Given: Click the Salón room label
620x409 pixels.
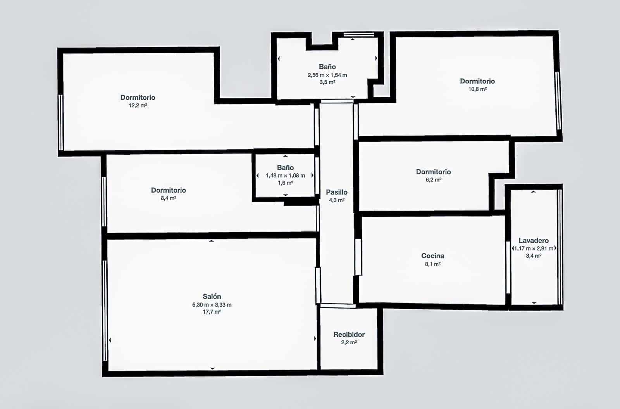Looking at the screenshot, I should [212, 297].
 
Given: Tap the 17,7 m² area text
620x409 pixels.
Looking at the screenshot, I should [212, 312].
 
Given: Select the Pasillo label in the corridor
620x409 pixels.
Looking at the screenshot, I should [336, 192].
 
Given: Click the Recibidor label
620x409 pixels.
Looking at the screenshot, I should [349, 335].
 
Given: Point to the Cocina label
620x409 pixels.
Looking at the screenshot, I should [432, 256].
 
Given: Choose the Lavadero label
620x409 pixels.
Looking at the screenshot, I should [533, 241].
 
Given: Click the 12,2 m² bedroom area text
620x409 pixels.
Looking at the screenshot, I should [138, 105].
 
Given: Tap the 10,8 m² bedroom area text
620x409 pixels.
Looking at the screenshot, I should [477, 89].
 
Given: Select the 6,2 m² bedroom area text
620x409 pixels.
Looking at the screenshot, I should [433, 180].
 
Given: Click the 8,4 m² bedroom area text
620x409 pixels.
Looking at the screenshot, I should [168, 198].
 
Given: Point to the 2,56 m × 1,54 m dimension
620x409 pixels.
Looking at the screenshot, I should [327, 75].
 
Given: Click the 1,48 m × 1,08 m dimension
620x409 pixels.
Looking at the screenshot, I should [285, 176].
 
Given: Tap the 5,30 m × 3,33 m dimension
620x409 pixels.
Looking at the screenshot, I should [212, 305].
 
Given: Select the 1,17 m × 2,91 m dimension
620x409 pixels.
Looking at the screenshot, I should [534, 249].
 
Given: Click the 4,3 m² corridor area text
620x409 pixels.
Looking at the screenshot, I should [336, 200].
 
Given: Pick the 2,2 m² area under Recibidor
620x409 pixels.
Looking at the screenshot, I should [349, 343].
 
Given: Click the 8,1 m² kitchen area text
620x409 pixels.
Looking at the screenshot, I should [432, 264].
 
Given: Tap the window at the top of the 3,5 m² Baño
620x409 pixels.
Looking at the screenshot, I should [359, 35].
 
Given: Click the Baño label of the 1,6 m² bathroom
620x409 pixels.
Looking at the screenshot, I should [285, 167].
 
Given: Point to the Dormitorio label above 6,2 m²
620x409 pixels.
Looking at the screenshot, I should [433, 172].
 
